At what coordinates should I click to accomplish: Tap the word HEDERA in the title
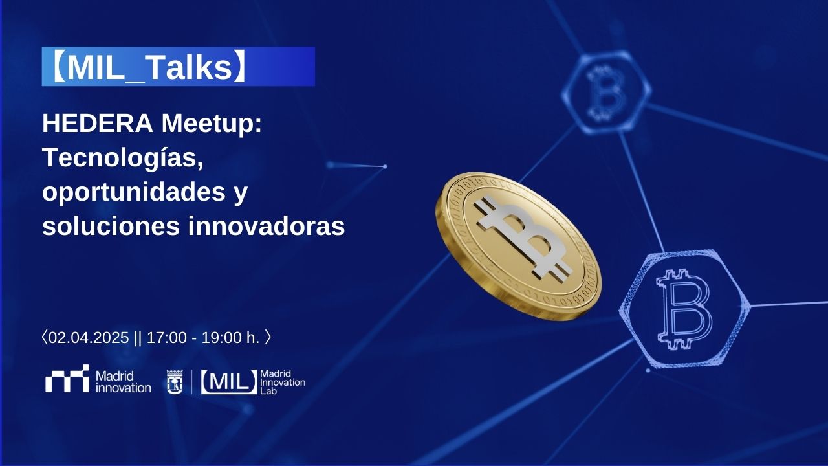point(98,123)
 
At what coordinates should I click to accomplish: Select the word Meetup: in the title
point(212,124)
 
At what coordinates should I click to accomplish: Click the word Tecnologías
point(123,159)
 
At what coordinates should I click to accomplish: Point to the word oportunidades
point(134,192)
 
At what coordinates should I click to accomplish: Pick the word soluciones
point(111,226)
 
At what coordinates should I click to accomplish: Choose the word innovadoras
point(267,226)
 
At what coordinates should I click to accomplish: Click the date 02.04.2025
point(89,338)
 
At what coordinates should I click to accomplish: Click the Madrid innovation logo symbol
point(67,379)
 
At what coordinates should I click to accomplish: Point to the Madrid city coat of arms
point(175,382)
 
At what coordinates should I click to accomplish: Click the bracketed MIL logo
point(229,382)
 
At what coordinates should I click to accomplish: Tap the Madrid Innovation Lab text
point(283,382)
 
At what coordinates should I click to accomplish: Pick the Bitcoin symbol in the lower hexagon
point(684,309)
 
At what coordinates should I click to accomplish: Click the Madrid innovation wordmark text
point(123,382)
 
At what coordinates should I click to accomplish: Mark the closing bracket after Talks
point(240,67)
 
